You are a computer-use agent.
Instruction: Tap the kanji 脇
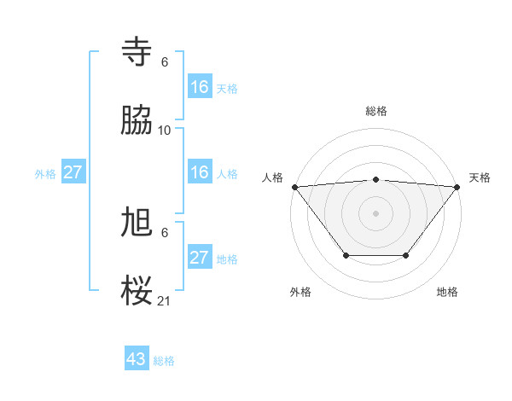[x=138, y=122]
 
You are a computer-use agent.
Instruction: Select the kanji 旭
[x=138, y=224]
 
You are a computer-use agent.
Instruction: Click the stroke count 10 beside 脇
[x=165, y=131]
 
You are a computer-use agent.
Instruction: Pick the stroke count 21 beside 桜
[x=165, y=301]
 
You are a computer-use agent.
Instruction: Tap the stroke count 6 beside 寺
[x=165, y=62]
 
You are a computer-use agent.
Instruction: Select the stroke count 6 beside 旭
[x=165, y=233]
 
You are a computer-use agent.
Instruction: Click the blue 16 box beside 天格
[x=200, y=87]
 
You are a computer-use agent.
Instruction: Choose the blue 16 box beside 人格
[x=200, y=172]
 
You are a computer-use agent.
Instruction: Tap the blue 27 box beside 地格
[x=200, y=258]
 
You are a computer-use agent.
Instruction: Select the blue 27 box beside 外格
[x=73, y=172]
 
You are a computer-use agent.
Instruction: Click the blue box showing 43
[x=137, y=359]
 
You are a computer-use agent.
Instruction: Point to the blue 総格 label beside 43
[x=164, y=361]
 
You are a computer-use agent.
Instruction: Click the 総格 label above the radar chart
[x=376, y=111]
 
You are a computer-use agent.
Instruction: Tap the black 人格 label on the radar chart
[x=274, y=177]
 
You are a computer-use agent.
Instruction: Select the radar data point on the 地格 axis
[x=406, y=255]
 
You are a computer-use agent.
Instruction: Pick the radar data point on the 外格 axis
[x=346, y=255]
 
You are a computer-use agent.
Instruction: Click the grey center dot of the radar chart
[x=376, y=213]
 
